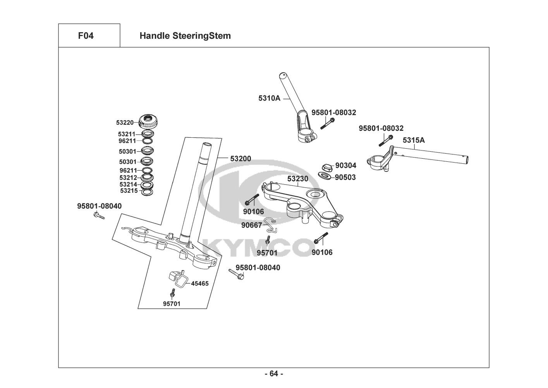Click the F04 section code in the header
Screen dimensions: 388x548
pyautogui.click(x=86, y=36)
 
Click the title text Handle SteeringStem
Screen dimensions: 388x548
pyautogui.click(x=185, y=36)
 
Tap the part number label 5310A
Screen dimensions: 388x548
pyautogui.click(x=269, y=98)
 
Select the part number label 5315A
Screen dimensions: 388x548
pyautogui.click(x=414, y=140)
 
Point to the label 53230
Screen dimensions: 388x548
pyautogui.click(x=298, y=179)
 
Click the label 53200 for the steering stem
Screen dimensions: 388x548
pyautogui.click(x=241, y=158)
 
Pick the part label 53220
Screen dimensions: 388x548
pyautogui.click(x=125, y=123)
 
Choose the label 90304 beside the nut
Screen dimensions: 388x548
pyautogui.click(x=345, y=165)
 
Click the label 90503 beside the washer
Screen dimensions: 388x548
pyautogui.click(x=345, y=177)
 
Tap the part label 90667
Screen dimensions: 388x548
pyautogui.click(x=251, y=225)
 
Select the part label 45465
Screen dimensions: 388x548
pyautogui.click(x=200, y=284)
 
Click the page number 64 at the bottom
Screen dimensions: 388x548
pyautogui.click(x=274, y=374)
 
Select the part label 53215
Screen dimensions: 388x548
pyautogui.click(x=129, y=191)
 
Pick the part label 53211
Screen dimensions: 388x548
pyautogui.click(x=127, y=134)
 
